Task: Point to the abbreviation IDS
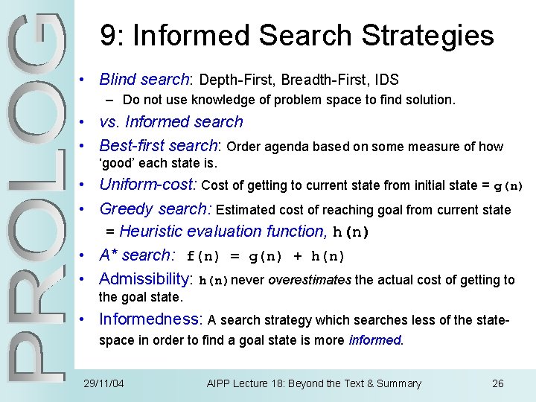point(386,80)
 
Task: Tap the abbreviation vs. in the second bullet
point(110,122)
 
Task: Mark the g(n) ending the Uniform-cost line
point(509,186)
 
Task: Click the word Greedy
point(121,209)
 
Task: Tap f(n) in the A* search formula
point(202,256)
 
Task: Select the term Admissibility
point(145,279)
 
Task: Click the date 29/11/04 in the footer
point(104,383)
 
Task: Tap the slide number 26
point(498,383)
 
